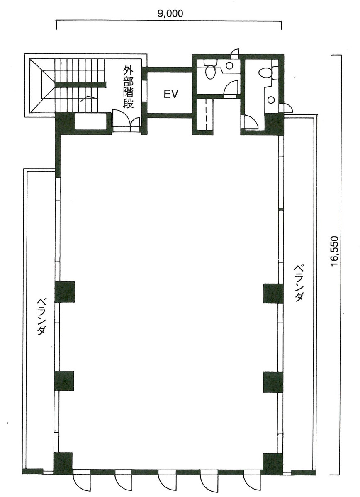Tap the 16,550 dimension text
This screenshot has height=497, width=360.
coord(335,253)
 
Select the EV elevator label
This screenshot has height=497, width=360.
coord(170,95)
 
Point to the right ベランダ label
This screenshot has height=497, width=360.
coord(300,283)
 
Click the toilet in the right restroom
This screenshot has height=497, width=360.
coord(265,73)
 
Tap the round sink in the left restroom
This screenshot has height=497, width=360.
coord(229,65)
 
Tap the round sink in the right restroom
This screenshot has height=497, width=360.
coord(271,99)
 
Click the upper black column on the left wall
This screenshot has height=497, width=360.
coord(65,292)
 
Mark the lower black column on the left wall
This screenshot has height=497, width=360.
coord(64,381)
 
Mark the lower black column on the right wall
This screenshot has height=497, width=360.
coord(273,382)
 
